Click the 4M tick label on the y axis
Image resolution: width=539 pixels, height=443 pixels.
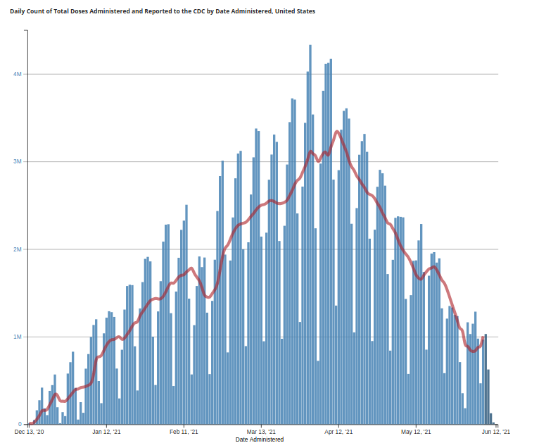tap(18, 74)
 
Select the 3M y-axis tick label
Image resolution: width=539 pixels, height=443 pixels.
tap(18, 162)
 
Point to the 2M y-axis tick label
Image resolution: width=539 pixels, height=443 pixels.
tap(18, 249)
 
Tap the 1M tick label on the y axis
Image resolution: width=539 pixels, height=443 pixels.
tap(18, 337)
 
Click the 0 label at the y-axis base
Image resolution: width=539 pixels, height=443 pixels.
tap(20, 424)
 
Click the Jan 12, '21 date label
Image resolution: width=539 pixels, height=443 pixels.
tap(106, 432)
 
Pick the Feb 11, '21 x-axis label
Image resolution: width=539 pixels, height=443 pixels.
tap(184, 432)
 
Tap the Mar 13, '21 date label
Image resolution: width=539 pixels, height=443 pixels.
tap(261, 432)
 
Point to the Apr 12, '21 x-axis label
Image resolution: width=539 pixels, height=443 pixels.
tap(338, 432)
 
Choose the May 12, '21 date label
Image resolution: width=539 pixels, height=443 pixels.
tap(415, 432)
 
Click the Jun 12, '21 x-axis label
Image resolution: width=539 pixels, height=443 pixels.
tap(495, 432)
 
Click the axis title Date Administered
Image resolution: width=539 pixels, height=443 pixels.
tap(260, 439)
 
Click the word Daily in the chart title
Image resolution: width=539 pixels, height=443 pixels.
tap(18, 11)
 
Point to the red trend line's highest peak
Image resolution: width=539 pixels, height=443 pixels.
tap(338, 131)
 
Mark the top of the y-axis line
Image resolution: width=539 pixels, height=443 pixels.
tap(27, 30)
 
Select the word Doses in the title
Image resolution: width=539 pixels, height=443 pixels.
tap(82, 11)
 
